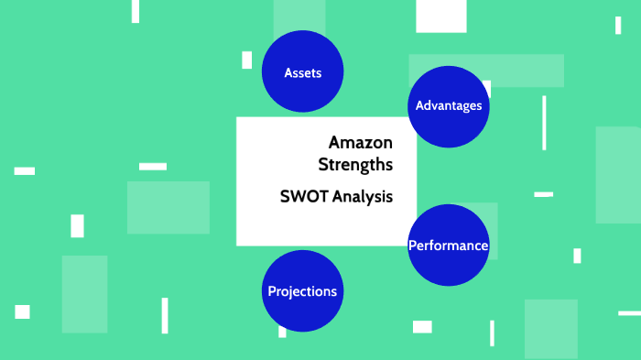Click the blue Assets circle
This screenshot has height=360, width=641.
(x=302, y=72)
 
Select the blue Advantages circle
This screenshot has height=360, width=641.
(x=448, y=106)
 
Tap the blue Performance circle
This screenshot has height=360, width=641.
(x=448, y=245)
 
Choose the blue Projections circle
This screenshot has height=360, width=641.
(x=302, y=291)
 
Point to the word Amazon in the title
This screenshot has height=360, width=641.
(x=360, y=143)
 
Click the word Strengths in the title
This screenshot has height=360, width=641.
(x=355, y=165)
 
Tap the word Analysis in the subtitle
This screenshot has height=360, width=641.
(x=363, y=196)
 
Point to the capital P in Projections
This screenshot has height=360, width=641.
(x=272, y=291)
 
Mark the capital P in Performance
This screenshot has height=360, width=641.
(x=412, y=245)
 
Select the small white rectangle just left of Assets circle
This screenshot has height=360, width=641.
(x=247, y=60)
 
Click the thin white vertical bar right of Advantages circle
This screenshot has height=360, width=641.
(x=544, y=123)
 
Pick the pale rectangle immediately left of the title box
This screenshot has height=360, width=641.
(x=168, y=207)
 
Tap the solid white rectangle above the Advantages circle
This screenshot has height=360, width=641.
(x=441, y=16)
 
